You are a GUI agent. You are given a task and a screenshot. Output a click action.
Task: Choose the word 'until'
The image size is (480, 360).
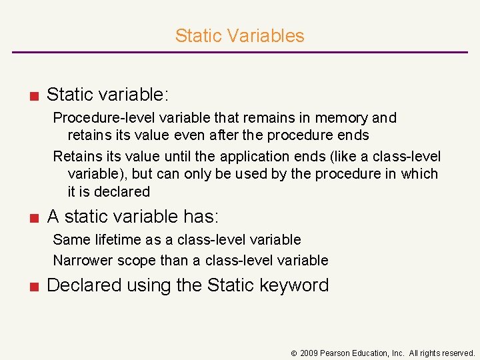183,157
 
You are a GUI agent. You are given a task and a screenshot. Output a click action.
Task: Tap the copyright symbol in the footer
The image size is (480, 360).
293,353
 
